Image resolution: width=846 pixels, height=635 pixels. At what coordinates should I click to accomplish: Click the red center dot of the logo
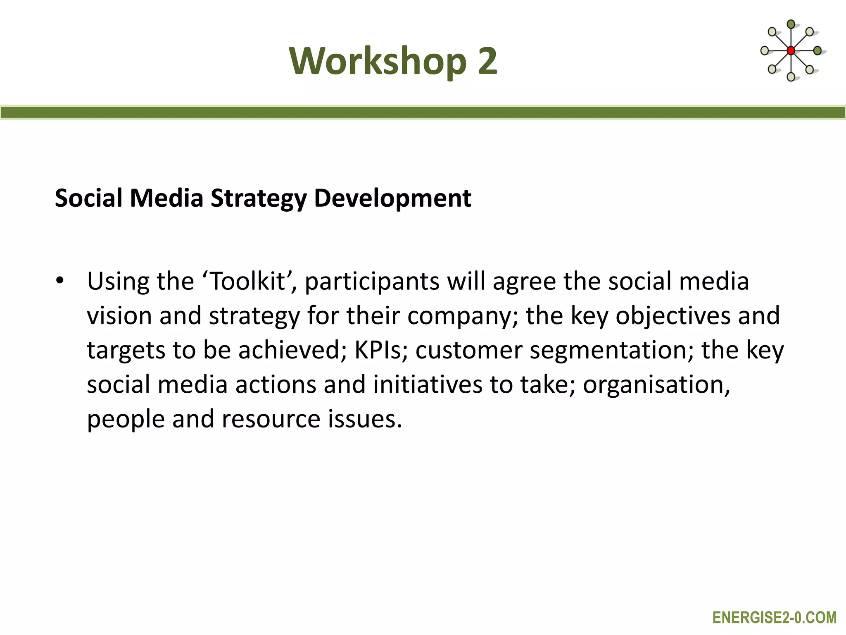coord(791,51)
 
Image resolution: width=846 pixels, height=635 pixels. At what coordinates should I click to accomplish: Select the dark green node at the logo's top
coord(791,24)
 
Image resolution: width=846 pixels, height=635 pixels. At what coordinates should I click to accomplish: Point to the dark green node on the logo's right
coord(817,51)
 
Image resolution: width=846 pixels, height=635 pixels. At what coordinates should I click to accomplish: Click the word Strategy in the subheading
coord(259,198)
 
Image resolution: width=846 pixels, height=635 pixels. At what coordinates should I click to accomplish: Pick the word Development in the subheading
coord(392,198)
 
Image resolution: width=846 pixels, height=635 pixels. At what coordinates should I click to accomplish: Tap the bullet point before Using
coord(60,281)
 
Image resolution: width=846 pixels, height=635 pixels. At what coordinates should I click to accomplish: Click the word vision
coord(119,316)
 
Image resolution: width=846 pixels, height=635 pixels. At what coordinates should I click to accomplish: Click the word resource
coord(271,419)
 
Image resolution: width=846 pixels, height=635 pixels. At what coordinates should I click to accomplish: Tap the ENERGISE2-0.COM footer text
coord(774,618)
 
